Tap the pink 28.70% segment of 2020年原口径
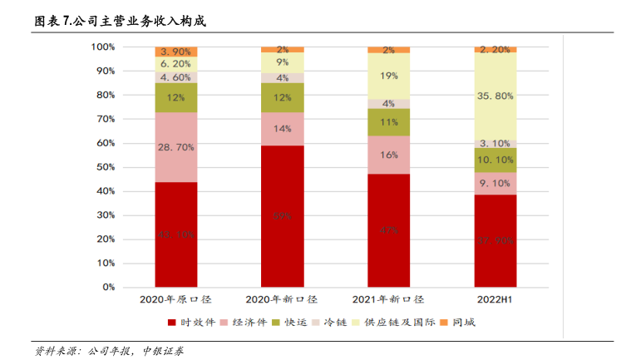(x=175, y=147)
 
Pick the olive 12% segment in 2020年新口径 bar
(x=282, y=97)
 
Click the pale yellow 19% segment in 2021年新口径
(x=388, y=76)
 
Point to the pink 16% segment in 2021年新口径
(x=388, y=155)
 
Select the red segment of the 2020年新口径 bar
(x=282, y=216)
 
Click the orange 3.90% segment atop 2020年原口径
(x=175, y=52)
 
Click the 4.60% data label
(x=175, y=77)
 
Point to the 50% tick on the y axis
(x=103, y=167)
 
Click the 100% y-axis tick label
(x=101, y=47)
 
